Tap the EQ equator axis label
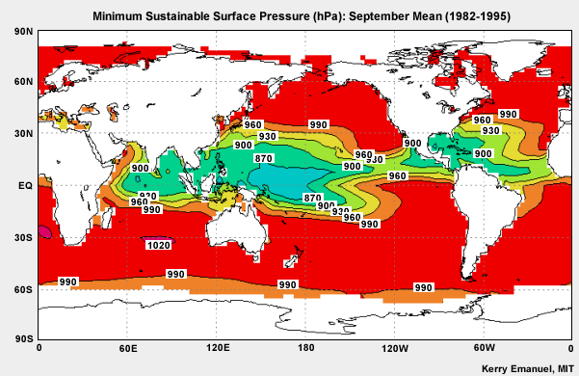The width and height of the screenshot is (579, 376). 22,186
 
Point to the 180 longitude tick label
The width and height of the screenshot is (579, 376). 305,347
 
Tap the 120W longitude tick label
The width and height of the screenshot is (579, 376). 393,347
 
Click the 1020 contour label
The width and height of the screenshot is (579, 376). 159,246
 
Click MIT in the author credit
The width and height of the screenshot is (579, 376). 561,367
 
